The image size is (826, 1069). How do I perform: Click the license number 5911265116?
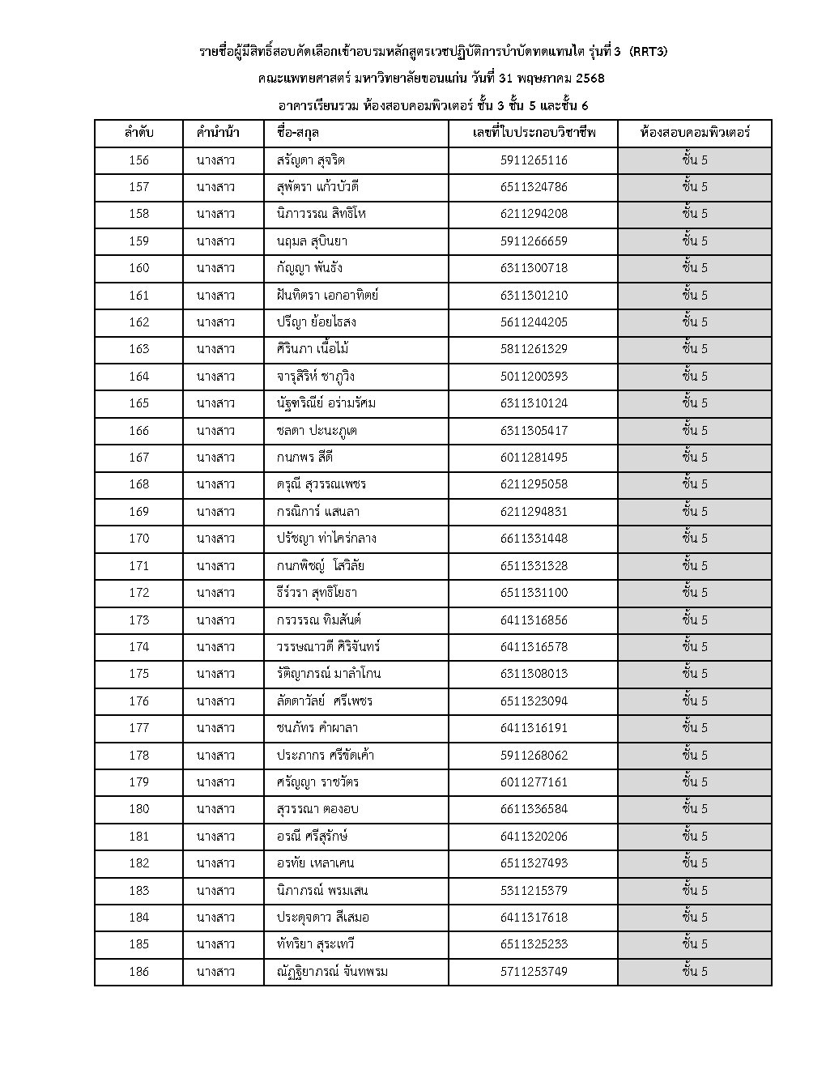[x=533, y=160]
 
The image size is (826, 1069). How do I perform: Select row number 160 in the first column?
[x=138, y=268]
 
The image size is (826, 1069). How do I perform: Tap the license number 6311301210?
[x=533, y=296]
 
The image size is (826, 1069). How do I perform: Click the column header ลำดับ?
[x=138, y=133]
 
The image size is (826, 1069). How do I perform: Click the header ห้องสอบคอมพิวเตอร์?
[x=694, y=133]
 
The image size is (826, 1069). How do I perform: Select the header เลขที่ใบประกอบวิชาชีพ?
[x=533, y=133]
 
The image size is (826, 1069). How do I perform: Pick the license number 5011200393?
[x=533, y=377]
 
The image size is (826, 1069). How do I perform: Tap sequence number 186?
[x=138, y=972]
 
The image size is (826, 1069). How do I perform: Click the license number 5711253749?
[x=533, y=972]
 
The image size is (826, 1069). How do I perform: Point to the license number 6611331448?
[x=533, y=539]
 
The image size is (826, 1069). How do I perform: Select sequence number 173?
[x=138, y=620]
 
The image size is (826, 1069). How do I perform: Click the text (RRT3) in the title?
[x=649, y=52]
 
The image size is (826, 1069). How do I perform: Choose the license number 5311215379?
[x=533, y=891]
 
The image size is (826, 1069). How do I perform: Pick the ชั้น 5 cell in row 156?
[x=694, y=160]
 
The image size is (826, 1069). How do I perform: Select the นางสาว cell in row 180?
[x=215, y=809]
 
